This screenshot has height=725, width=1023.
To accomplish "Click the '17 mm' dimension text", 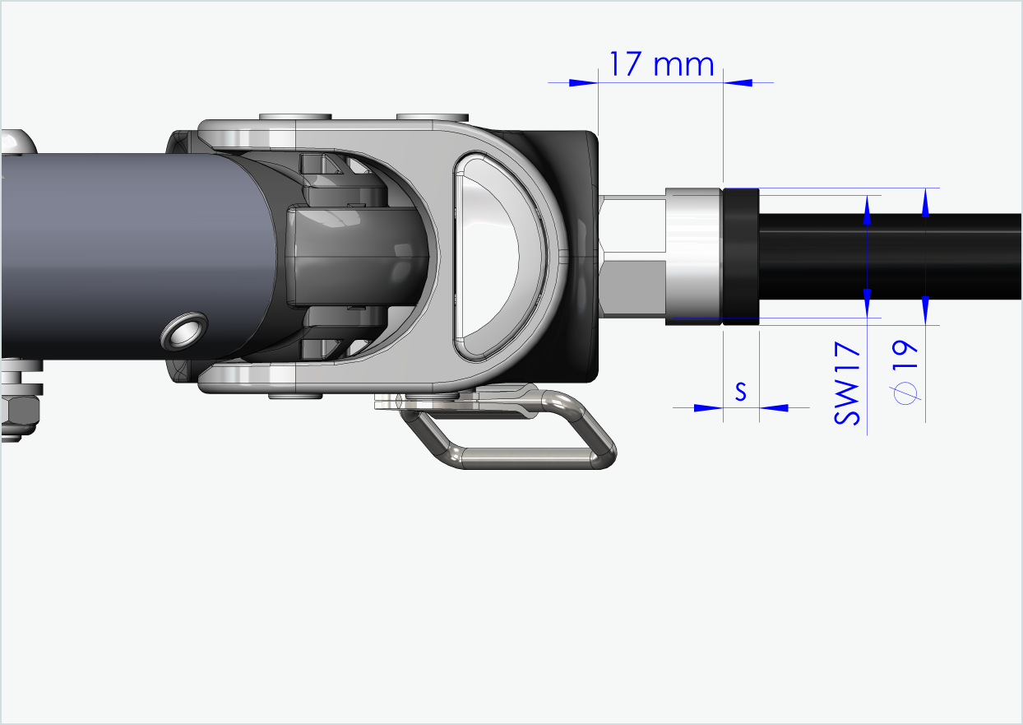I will pyautogui.click(x=661, y=63).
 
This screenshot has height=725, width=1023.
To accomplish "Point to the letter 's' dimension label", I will pyautogui.click(x=740, y=393).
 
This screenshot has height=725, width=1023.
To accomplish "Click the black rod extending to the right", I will pyautogui.click(x=888, y=257).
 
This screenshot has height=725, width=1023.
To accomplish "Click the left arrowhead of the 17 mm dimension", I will pyautogui.click(x=583, y=82).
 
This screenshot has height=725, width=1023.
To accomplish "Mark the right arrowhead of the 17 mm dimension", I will pyautogui.click(x=737, y=82).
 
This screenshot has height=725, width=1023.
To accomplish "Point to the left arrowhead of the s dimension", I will pyautogui.click(x=708, y=407).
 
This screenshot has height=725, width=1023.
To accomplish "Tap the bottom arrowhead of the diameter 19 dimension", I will pyautogui.click(x=925, y=311).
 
